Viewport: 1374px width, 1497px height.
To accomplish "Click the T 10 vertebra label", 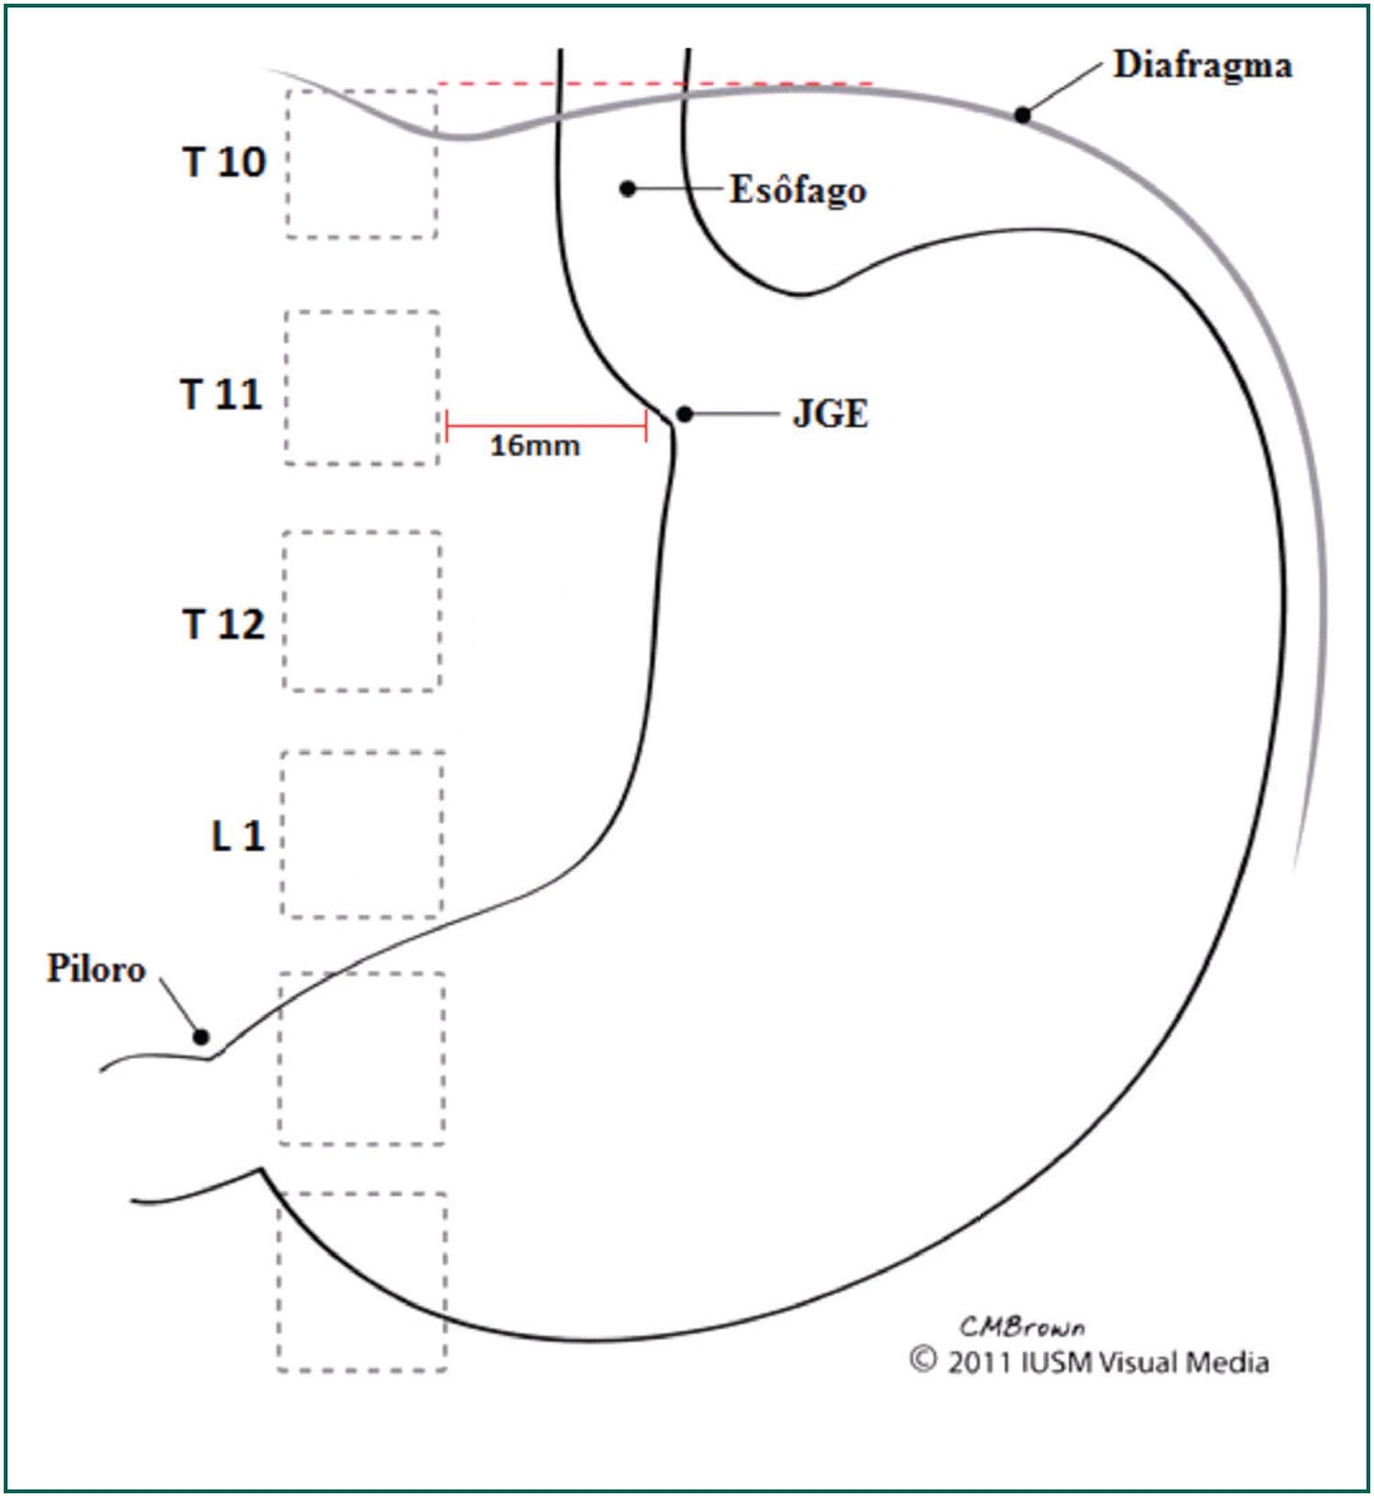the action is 224,162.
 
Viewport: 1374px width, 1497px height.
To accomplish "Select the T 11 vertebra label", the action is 222,395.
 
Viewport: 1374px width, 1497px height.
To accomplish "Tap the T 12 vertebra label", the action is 224,625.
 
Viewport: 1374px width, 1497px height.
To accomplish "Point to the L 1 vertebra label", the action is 238,836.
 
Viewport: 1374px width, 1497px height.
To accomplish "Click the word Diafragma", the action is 1202,65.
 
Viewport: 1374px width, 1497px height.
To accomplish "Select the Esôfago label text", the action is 798,191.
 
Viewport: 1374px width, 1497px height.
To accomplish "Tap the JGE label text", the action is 830,414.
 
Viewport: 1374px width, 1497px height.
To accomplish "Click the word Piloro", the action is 96,969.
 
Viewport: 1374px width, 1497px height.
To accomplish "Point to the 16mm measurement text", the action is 535,446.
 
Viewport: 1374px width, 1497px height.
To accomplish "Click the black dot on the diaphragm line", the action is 1022,115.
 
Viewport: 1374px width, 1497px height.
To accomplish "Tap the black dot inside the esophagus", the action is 627,189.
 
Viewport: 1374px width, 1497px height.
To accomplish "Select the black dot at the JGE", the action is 684,414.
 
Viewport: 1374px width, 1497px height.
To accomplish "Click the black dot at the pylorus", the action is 201,1037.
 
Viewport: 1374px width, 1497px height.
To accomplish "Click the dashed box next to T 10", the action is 362,164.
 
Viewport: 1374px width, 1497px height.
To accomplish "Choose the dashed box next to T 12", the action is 362,610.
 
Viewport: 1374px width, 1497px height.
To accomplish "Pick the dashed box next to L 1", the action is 362,834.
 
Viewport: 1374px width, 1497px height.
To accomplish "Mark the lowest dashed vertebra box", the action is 362,1281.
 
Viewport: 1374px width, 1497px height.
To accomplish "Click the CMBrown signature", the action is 1022,1327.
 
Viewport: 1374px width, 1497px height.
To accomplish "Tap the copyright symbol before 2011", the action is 923,1360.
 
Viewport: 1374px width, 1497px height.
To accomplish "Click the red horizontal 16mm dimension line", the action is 546,426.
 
